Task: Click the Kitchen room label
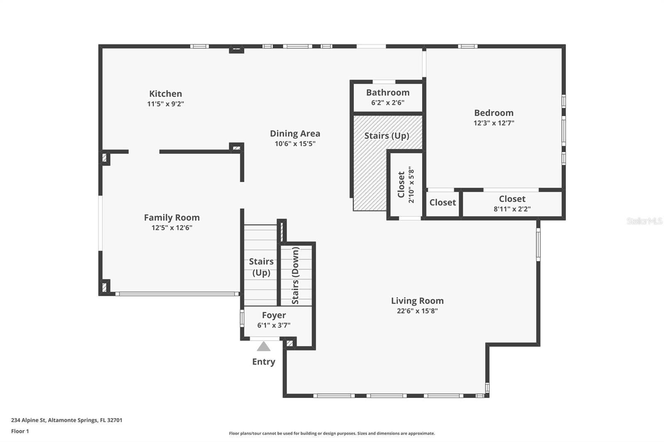pos(166,94)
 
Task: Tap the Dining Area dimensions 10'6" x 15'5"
pos(295,144)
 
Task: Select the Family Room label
pos(172,217)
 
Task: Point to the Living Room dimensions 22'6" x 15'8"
pos(417,311)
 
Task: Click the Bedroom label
pos(494,113)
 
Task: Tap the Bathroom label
pos(388,92)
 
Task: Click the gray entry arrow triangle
pos(264,346)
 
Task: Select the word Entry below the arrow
pos(264,362)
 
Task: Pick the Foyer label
pos(274,315)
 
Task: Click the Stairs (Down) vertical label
pos(295,275)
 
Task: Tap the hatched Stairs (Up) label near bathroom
pos(386,136)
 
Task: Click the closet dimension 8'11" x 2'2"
pos(512,209)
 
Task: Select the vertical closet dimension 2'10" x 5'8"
pos(411,185)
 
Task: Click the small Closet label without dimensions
pos(442,202)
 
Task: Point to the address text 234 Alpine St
pos(29,420)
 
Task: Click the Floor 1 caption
pos(20,431)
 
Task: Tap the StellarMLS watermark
pos(644,221)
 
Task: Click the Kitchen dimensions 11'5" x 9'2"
pos(166,104)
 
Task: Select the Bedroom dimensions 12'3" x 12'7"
pos(494,123)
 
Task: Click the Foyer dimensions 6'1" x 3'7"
pos(273,325)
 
